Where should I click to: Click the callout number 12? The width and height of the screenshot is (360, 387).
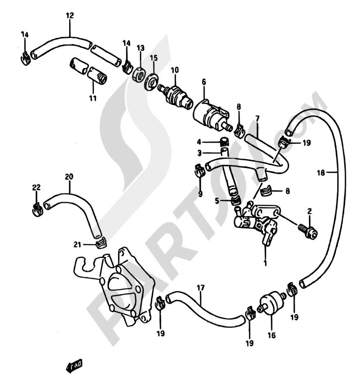pos(70,15)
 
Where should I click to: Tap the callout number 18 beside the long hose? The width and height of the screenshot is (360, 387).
pos(321,173)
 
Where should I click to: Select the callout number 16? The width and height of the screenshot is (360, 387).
pos(271,335)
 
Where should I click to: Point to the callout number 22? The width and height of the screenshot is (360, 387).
pos(36,187)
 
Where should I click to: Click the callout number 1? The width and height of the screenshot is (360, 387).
pos(265,263)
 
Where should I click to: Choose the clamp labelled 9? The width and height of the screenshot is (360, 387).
pos(200,170)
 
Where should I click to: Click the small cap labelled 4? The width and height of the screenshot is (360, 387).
pos(224,142)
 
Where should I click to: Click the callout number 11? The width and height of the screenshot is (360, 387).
pos(93,98)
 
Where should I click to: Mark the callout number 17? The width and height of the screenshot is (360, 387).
pos(201,288)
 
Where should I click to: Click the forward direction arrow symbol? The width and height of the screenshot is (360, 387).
pos(74,365)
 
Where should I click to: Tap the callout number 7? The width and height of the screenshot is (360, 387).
pos(257,119)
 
